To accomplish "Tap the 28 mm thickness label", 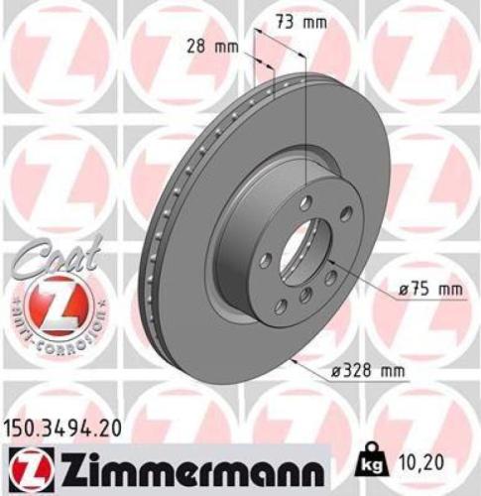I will [x=211, y=46].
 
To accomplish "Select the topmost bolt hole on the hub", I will [x=305, y=203].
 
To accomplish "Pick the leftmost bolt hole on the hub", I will [x=265, y=260].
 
